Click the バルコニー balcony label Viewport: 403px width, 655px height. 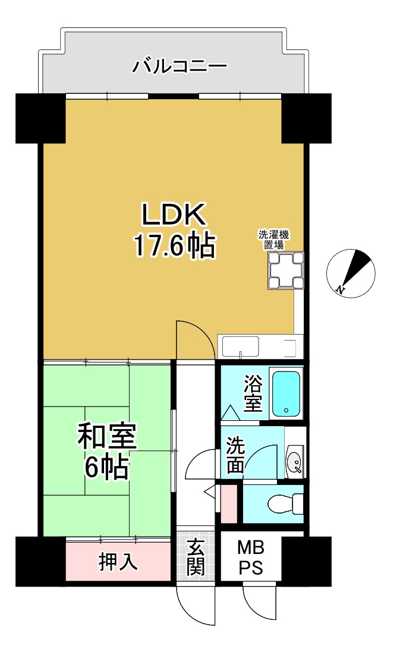[180, 65]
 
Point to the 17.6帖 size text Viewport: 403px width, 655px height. [173, 245]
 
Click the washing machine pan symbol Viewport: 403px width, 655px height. [285, 270]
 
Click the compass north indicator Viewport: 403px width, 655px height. [351, 273]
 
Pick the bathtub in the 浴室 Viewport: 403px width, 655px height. [287, 393]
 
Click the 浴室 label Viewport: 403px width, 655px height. [253, 393]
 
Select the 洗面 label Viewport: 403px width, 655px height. [235, 455]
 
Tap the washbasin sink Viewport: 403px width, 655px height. [294, 461]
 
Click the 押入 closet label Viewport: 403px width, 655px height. [118, 562]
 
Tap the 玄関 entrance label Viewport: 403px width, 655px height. [195, 557]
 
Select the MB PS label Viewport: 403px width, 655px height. [251, 557]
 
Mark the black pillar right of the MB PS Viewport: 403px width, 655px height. [306, 560]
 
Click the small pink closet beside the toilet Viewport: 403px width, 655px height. [228, 504]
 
